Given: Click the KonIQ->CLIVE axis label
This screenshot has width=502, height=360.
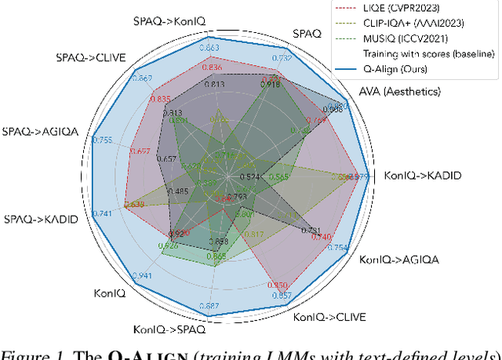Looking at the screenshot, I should point(329,318).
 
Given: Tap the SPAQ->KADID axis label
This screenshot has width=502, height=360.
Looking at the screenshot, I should point(41,219).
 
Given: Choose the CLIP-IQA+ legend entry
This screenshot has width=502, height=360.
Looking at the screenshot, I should point(419,24).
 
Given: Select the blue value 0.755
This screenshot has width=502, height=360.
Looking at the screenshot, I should point(102,140).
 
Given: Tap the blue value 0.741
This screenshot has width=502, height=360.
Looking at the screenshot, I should point(102,213).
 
